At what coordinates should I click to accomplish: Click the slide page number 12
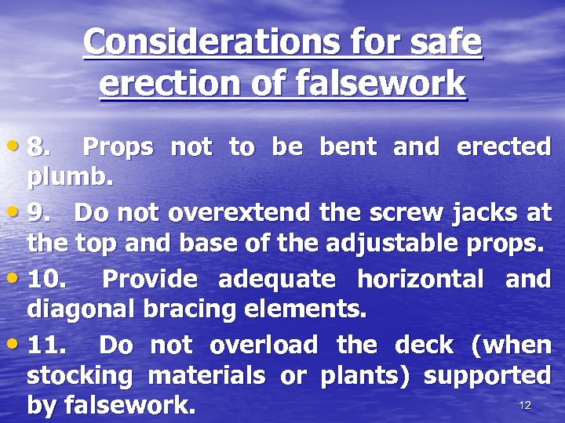(x=525, y=405)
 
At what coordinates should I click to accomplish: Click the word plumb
(x=71, y=178)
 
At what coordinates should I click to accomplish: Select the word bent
(x=348, y=146)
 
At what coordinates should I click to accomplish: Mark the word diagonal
(x=81, y=310)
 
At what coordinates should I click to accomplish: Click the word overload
(x=264, y=345)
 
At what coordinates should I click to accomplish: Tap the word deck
(x=424, y=345)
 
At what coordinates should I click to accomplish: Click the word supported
(x=487, y=376)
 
